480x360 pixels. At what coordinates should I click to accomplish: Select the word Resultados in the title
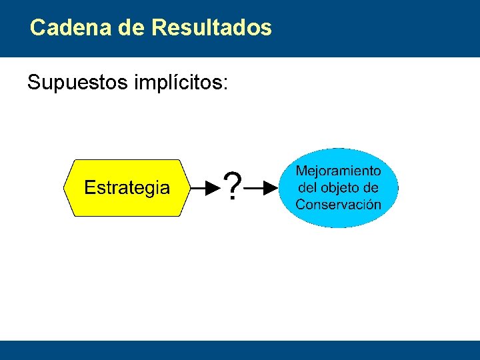point(211,28)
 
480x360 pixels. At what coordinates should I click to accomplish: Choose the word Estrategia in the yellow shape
point(127,188)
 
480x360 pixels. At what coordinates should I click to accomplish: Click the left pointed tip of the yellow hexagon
point(65,188)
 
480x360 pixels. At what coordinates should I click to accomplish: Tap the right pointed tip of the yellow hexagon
point(189,188)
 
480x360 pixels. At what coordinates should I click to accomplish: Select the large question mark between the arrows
point(231,187)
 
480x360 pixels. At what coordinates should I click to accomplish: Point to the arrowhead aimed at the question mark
point(213,188)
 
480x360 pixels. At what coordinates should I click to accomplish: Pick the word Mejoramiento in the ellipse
point(339,171)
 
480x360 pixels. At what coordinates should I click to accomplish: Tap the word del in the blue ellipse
point(307,188)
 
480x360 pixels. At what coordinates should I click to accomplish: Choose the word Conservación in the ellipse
point(339,205)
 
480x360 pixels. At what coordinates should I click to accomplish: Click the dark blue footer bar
point(240,350)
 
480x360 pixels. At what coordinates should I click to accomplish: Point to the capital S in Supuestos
point(33,83)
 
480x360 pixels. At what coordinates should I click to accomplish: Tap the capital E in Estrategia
point(89,188)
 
